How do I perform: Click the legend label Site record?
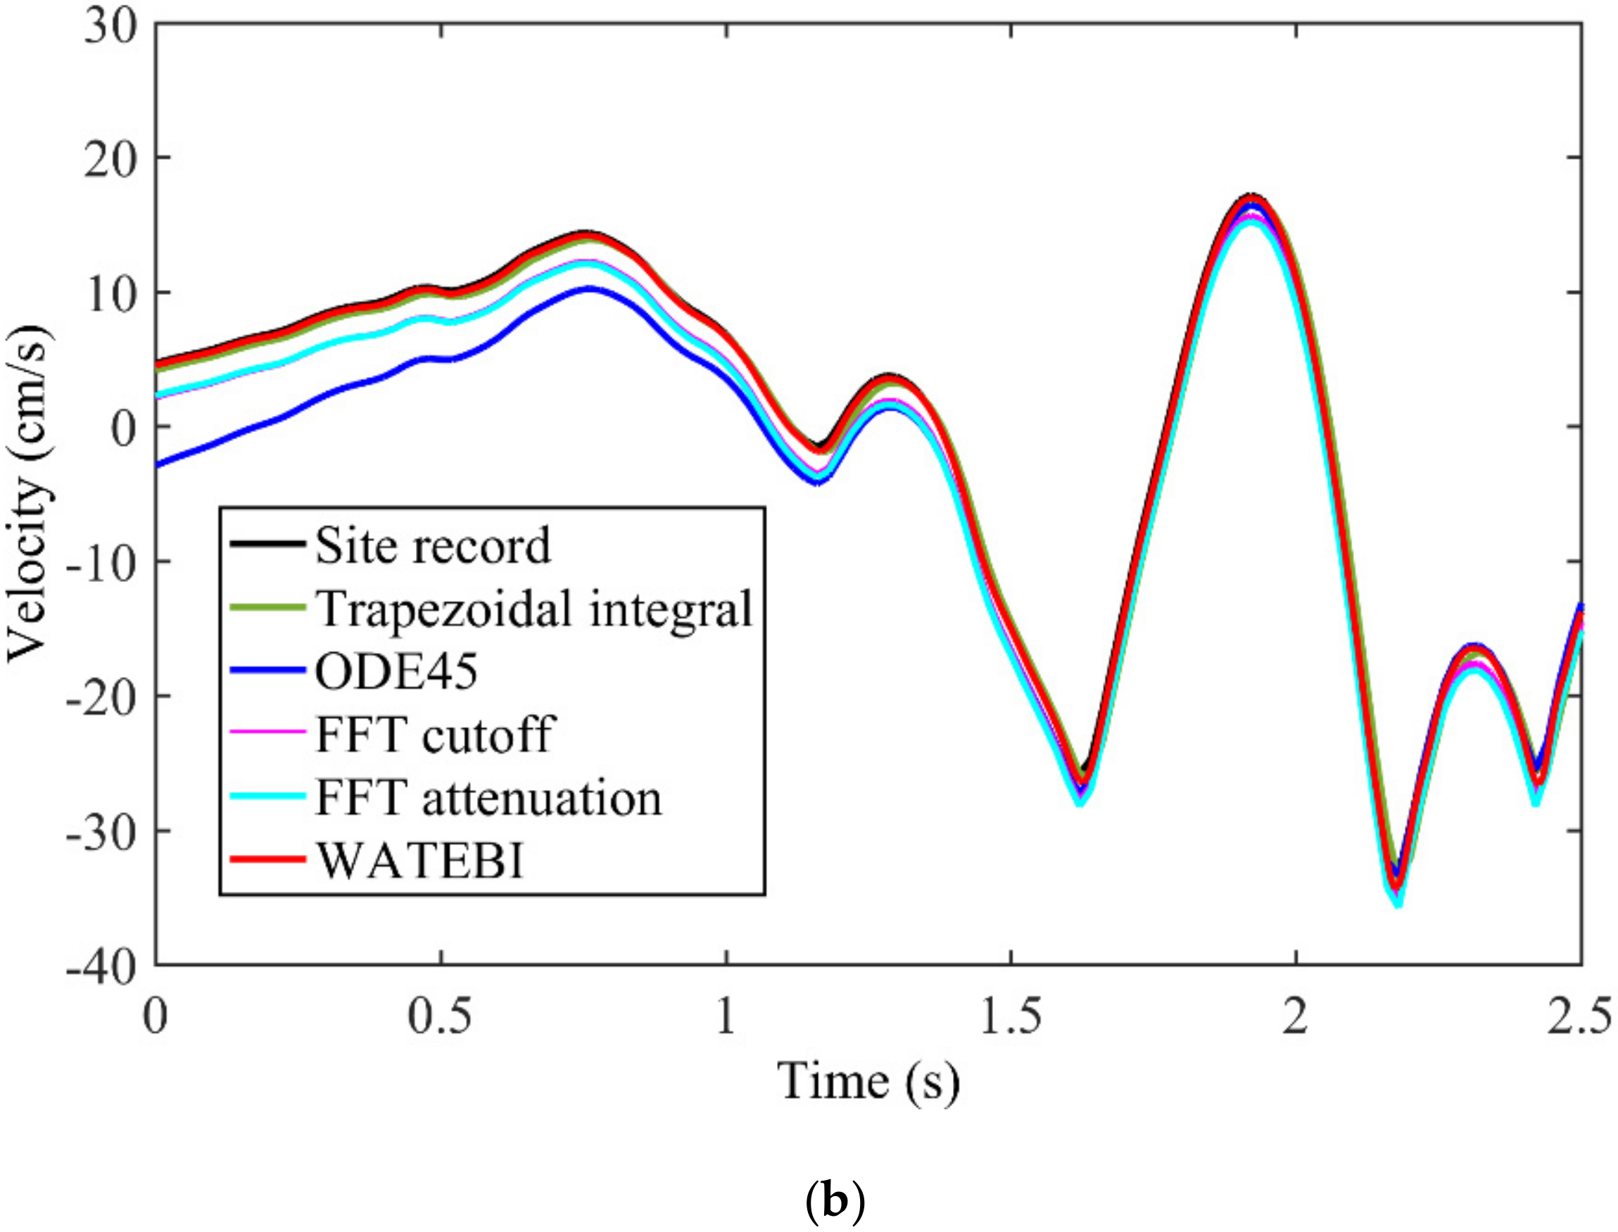pos(432,545)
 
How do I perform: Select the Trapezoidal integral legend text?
pos(534,608)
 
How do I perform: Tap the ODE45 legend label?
pos(396,671)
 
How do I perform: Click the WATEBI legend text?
pos(420,860)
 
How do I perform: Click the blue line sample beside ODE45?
pos(267,671)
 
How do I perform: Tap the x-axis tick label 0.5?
pos(438,1018)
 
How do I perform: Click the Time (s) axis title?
pos(868,1082)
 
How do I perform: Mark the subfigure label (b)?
pos(835,1202)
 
